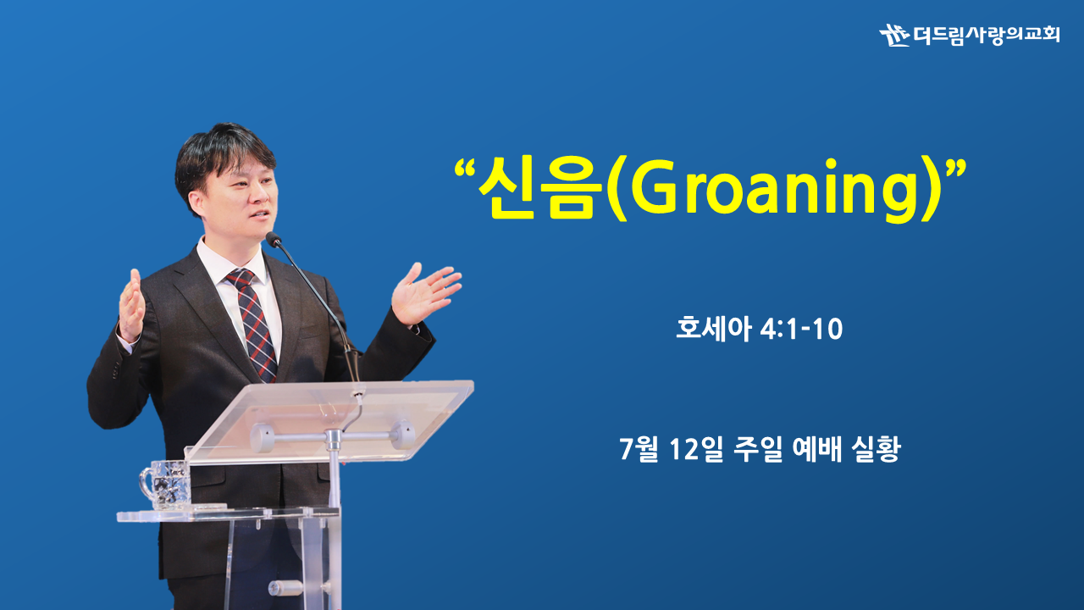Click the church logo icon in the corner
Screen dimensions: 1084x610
(x=894, y=35)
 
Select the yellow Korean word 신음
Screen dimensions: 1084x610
(x=536, y=187)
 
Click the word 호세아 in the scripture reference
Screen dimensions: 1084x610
(x=713, y=328)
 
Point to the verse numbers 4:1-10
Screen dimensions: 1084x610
(x=801, y=330)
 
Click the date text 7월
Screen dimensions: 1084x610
(x=639, y=449)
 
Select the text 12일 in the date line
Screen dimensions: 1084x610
(x=697, y=449)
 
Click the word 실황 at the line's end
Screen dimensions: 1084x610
(x=876, y=449)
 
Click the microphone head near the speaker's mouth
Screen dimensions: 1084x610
(x=274, y=239)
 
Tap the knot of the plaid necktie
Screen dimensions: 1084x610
(x=240, y=278)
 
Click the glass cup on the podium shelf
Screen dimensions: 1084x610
(x=164, y=485)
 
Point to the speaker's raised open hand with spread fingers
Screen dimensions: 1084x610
(x=424, y=292)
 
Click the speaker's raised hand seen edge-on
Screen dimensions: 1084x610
(x=131, y=306)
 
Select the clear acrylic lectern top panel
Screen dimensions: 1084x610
(x=329, y=420)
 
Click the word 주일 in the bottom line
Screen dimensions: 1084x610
(x=758, y=449)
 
